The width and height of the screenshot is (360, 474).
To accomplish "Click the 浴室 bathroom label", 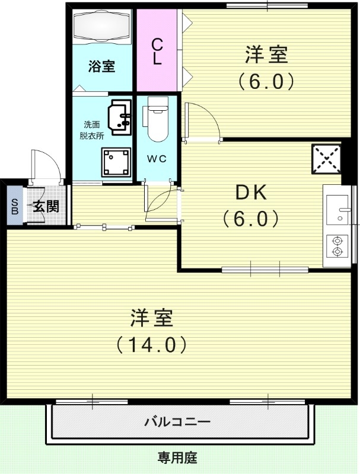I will pyautogui.click(x=102, y=66).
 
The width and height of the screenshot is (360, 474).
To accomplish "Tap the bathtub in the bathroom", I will pyautogui.click(x=102, y=27).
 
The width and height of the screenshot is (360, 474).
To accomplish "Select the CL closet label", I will pyautogui.click(x=157, y=52).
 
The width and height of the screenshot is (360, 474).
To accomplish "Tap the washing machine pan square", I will pyautogui.click(x=116, y=161).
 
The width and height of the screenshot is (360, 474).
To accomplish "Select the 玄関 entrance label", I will pyautogui.click(x=45, y=207).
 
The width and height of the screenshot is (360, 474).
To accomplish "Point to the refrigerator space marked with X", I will pyautogui.click(x=326, y=159).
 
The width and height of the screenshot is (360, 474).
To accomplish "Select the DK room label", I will pyautogui.click(x=251, y=193).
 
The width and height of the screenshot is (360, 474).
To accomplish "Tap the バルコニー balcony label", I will pyautogui.click(x=177, y=422).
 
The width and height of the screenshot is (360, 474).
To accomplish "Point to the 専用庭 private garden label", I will pyautogui.click(x=177, y=457).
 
